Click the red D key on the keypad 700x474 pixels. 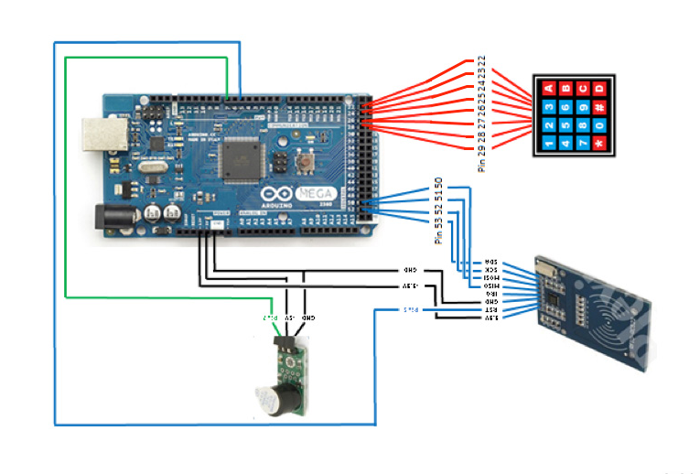tap(599, 89)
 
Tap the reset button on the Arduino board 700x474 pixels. tap(306, 165)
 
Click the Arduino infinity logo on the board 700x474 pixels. tap(271, 195)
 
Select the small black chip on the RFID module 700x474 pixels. tap(556, 296)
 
